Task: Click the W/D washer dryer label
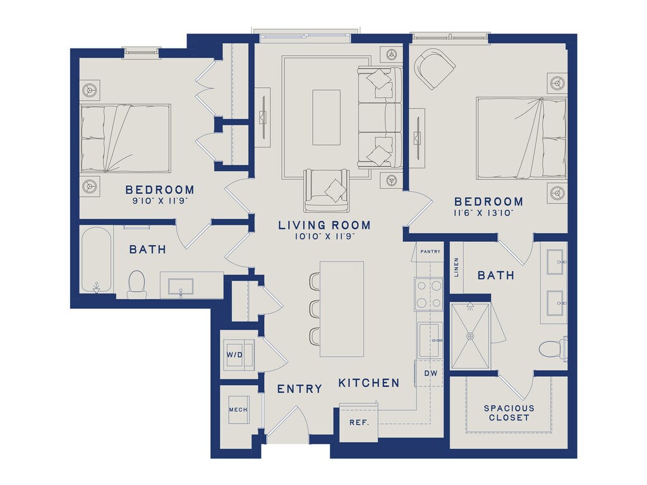tap(234, 355)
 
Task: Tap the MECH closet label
tap(238, 409)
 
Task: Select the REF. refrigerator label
tap(359, 422)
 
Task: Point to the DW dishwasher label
tap(431, 373)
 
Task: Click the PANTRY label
tap(430, 251)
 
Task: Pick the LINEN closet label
tap(456, 267)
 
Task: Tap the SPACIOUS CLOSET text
tap(509, 413)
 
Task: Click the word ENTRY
tap(299, 389)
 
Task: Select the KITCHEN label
tap(369, 383)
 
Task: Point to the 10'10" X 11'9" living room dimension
tap(325, 237)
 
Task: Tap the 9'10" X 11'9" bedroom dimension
tap(160, 201)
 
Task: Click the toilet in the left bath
tap(136, 284)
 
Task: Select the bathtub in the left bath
tap(96, 260)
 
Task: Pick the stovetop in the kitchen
tap(429, 294)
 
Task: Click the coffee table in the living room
tap(327, 117)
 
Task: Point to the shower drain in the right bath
tap(470, 336)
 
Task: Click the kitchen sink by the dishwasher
tap(429, 340)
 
